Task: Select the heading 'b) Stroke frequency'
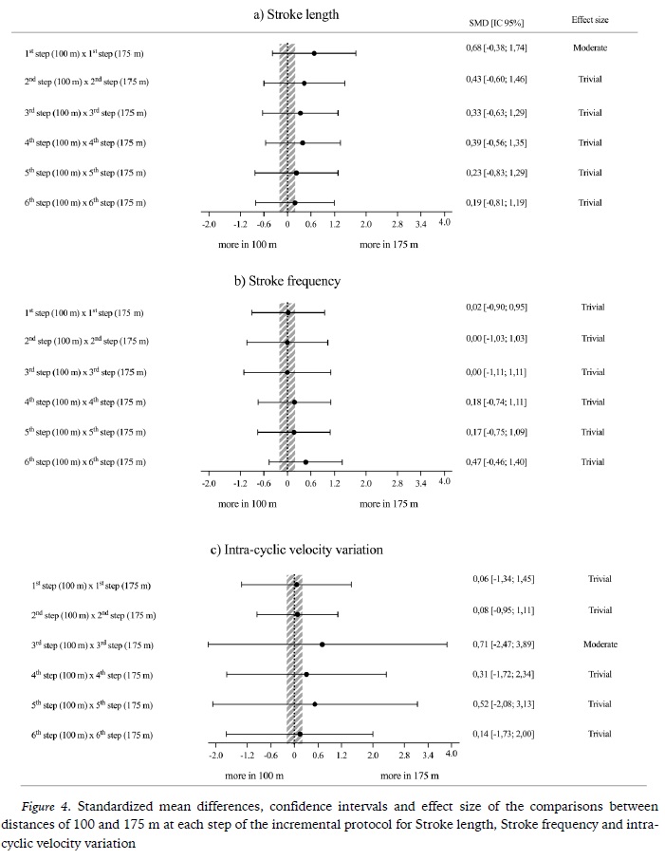click(x=294, y=282)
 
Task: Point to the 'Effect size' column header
click(x=590, y=20)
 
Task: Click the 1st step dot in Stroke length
click(x=314, y=53)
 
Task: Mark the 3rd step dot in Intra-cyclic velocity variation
click(x=323, y=645)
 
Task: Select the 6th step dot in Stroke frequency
click(x=305, y=462)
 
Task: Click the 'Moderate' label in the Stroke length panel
click(x=590, y=47)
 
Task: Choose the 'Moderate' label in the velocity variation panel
click(x=600, y=645)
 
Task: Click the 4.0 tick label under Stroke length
click(x=444, y=221)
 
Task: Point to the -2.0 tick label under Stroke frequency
click(x=209, y=482)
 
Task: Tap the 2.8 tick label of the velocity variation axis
click(x=405, y=755)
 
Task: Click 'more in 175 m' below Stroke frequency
click(x=389, y=503)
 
